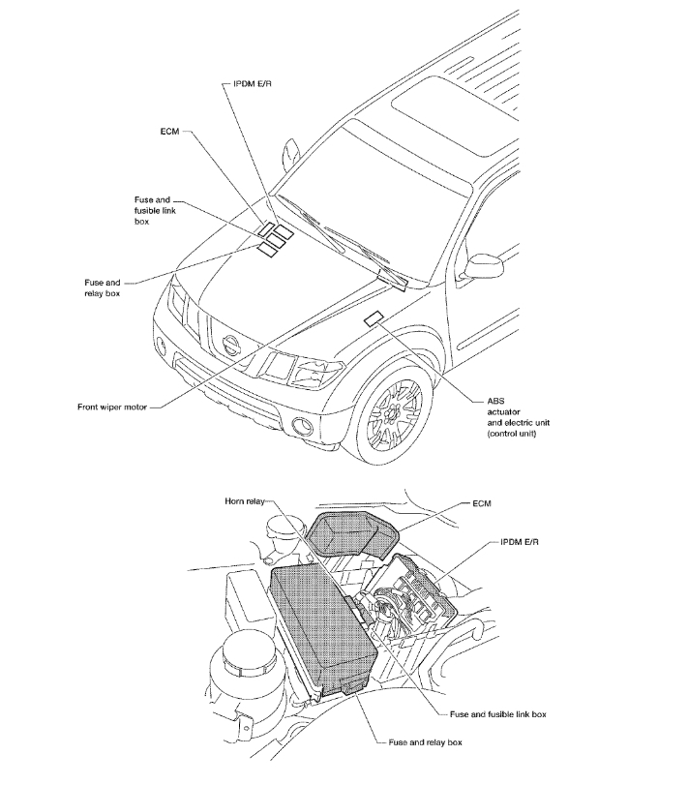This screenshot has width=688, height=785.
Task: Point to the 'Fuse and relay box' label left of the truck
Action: [x=103, y=287]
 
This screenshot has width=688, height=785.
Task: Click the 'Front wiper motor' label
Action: [x=112, y=407]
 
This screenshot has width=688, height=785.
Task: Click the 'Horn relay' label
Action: [x=242, y=502]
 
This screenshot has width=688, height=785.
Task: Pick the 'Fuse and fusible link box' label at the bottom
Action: [x=498, y=714]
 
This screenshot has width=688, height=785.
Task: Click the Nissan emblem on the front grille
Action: [x=231, y=343]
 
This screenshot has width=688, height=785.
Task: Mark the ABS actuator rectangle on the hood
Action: [x=373, y=318]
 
